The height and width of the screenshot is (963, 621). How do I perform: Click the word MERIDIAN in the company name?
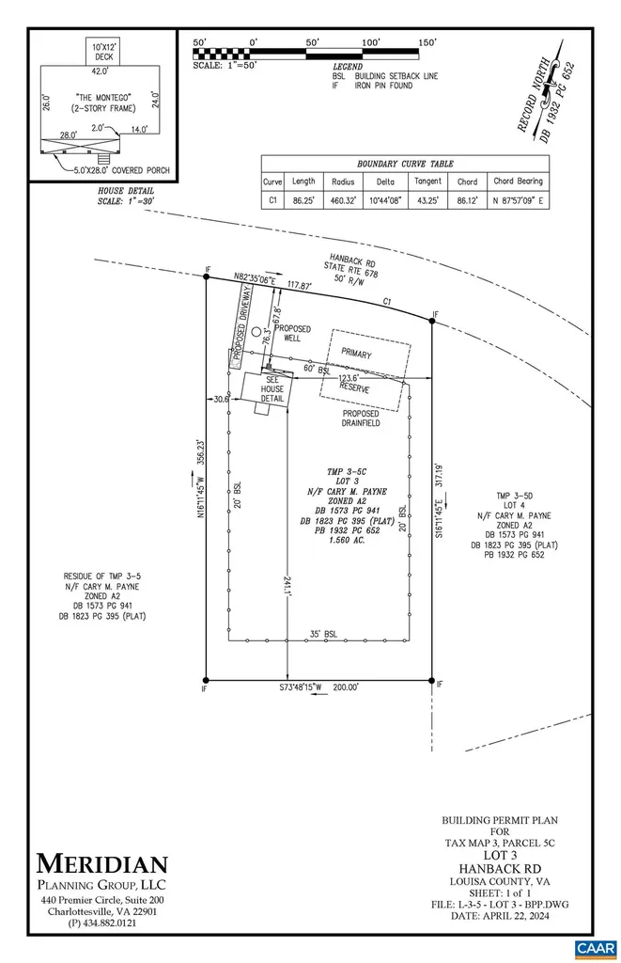103,863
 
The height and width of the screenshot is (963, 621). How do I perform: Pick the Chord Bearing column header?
518,182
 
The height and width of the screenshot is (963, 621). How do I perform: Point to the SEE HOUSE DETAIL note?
272,389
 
